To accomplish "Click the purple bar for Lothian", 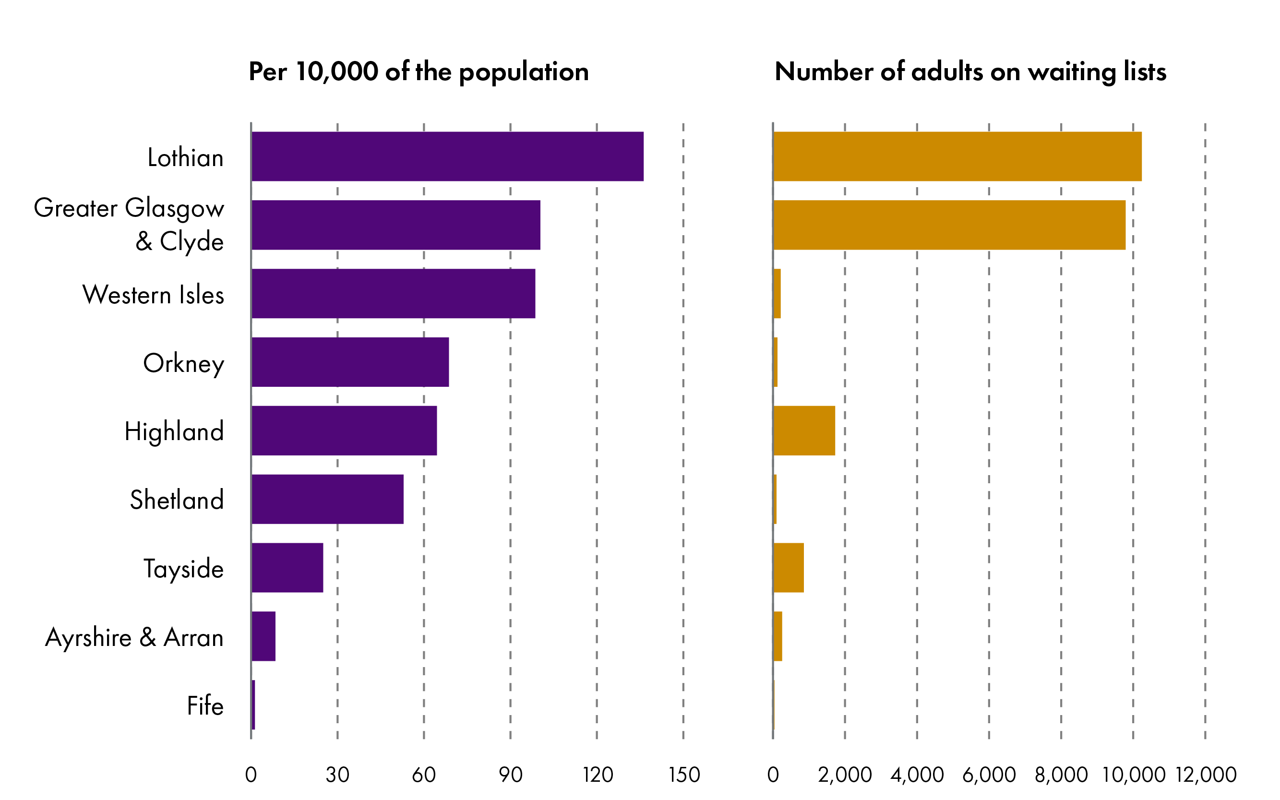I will pyautogui.click(x=447, y=156).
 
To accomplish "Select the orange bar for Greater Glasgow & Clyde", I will pyautogui.click(x=949, y=225).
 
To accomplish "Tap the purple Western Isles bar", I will pyautogui.click(x=393, y=294).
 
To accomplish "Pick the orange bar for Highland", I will pyautogui.click(x=804, y=430).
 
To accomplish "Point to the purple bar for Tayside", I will pyautogui.click(x=287, y=567).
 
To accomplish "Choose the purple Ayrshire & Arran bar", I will pyautogui.click(x=263, y=636).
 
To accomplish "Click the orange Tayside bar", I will pyautogui.click(x=789, y=567).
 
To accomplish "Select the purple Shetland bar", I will pyautogui.click(x=327, y=499).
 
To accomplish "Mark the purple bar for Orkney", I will pyautogui.click(x=350, y=362).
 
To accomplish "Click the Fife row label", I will pyautogui.click(x=205, y=705).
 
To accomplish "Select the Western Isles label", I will pyautogui.click(x=154, y=295).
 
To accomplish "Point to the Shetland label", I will pyautogui.click(x=177, y=500).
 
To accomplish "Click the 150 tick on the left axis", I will pyautogui.click(x=683, y=775).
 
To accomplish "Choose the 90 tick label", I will pyautogui.click(x=511, y=775).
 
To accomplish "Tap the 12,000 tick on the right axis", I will pyautogui.click(x=1206, y=775).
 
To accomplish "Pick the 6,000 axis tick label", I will pyautogui.click(x=989, y=775).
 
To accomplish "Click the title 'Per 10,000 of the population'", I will pyautogui.click(x=419, y=72).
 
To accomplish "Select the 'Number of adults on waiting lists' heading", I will pyautogui.click(x=970, y=72).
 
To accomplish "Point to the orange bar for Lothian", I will pyautogui.click(x=957, y=156).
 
